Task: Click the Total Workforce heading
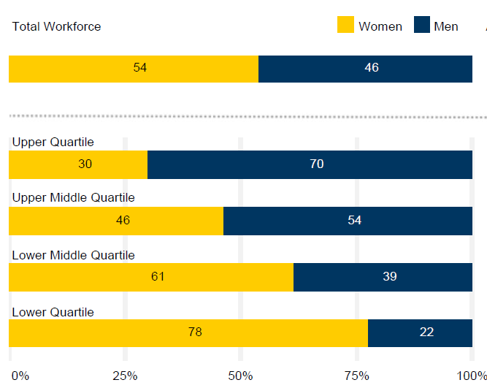(x=56, y=27)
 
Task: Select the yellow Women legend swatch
(x=345, y=26)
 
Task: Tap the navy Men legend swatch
(x=421, y=26)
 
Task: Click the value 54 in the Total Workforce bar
(x=140, y=68)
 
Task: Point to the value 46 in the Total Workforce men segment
(x=372, y=68)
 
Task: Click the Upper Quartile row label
(x=53, y=142)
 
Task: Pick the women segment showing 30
(x=85, y=164)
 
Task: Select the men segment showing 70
(x=316, y=164)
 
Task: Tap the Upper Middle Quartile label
(x=73, y=198)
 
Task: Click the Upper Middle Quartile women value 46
(x=123, y=221)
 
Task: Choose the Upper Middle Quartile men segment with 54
(x=354, y=221)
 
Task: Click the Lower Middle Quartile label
(x=73, y=255)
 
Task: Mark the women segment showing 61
(x=158, y=277)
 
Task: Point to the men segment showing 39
(x=389, y=277)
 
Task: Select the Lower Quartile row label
(x=53, y=312)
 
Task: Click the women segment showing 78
(x=195, y=332)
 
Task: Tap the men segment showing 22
(x=427, y=332)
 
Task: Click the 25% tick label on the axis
(x=125, y=376)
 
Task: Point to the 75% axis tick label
(x=356, y=376)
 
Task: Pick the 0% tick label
(x=20, y=376)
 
